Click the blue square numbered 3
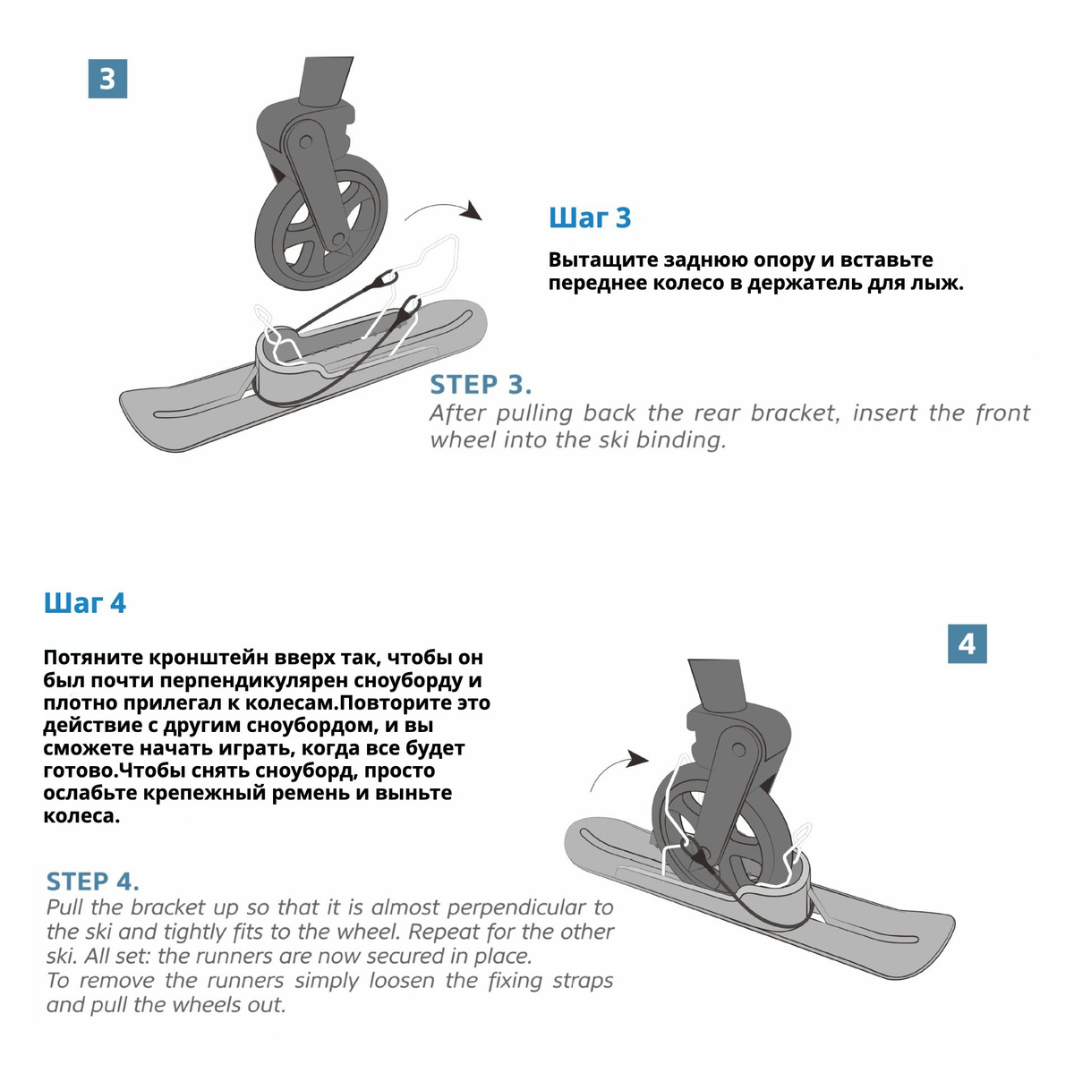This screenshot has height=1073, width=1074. point(107,79)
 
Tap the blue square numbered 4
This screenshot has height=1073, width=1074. point(967,643)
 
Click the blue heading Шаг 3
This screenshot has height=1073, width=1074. point(590,217)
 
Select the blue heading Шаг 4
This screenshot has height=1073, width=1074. point(85,603)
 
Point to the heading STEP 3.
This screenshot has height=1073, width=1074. point(481,385)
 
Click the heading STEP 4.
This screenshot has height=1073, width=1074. point(92,881)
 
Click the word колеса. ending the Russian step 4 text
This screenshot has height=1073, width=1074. point(81,816)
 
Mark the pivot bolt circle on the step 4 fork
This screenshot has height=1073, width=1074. point(739,749)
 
